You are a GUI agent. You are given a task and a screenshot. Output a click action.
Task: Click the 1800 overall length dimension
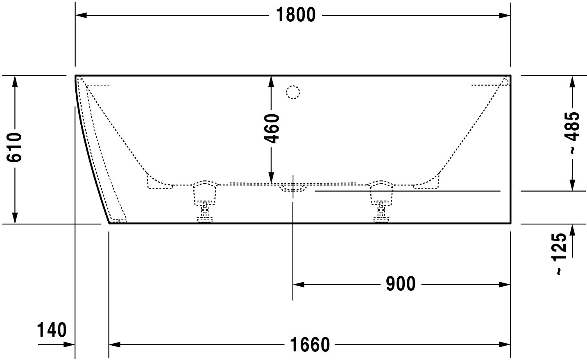coord(296,15)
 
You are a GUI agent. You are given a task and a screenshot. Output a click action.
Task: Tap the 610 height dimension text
coord(14,147)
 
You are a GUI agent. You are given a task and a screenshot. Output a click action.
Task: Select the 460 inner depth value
coord(272,129)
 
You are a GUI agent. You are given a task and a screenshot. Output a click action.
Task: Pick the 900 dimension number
coord(401,284)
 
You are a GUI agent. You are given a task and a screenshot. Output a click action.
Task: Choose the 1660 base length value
coord(310,345)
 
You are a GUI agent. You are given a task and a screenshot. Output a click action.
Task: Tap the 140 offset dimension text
coord(52,330)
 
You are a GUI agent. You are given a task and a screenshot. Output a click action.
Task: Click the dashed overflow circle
coord(293,92)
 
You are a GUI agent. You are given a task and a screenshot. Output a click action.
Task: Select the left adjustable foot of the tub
coord(205,202)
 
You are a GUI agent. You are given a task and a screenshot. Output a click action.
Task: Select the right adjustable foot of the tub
coord(381,202)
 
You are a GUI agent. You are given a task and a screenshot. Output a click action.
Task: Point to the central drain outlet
coord(293,188)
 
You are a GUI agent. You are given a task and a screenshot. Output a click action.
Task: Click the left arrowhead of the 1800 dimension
coord(81,16)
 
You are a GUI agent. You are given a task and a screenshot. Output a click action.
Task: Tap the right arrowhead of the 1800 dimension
coord(505,16)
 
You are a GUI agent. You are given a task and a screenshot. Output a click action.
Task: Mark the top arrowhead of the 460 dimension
coord(271,82)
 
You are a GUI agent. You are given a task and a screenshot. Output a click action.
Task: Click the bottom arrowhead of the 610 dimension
coord(15,218)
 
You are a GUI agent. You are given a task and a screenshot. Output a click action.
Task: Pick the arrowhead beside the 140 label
coord(69,344)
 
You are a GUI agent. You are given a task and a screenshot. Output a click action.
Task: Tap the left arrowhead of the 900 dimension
coord(299,285)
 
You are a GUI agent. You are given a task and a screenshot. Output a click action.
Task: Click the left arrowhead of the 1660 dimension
coord(115,344)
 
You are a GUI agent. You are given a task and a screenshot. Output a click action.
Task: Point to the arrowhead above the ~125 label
coord(572,230)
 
